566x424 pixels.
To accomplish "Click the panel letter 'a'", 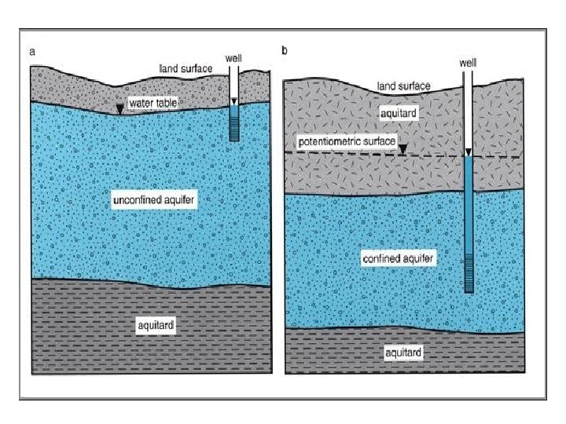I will [32, 52].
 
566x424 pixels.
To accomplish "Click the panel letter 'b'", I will [285, 51].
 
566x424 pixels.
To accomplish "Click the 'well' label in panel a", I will [233, 58].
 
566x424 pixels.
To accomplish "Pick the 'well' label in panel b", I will [469, 60].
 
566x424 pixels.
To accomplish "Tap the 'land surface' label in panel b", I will [404, 86].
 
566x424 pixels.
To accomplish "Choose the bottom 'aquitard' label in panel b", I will [403, 353].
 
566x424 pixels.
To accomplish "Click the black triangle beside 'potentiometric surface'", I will [402, 149].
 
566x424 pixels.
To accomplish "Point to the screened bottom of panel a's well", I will [233, 128].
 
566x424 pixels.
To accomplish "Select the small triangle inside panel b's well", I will [469, 153].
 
